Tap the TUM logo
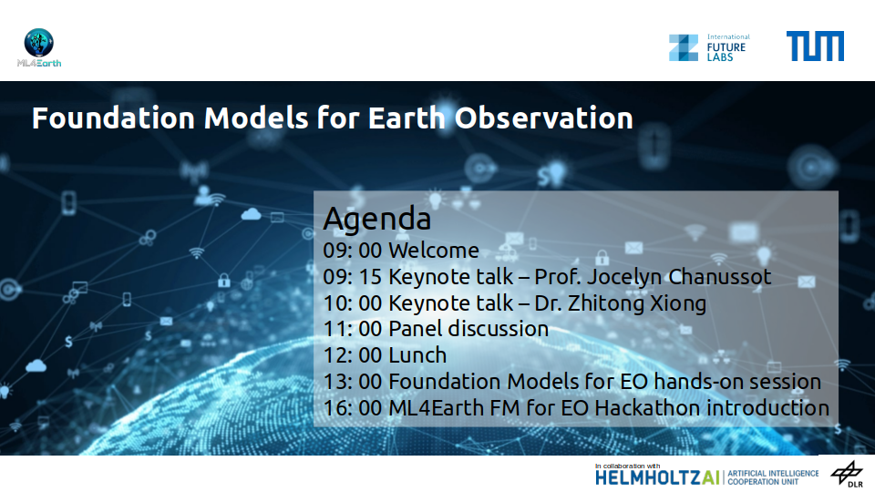click(815, 46)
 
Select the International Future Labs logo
click(709, 47)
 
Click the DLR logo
click(847, 474)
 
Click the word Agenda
click(377, 219)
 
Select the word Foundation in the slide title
click(113, 118)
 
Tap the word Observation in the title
click(543, 118)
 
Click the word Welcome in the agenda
click(434, 251)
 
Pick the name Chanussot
click(720, 277)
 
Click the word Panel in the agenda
click(416, 329)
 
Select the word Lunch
click(417, 355)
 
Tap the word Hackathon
click(647, 408)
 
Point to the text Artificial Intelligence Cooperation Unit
click(773, 477)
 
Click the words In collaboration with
click(627, 466)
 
